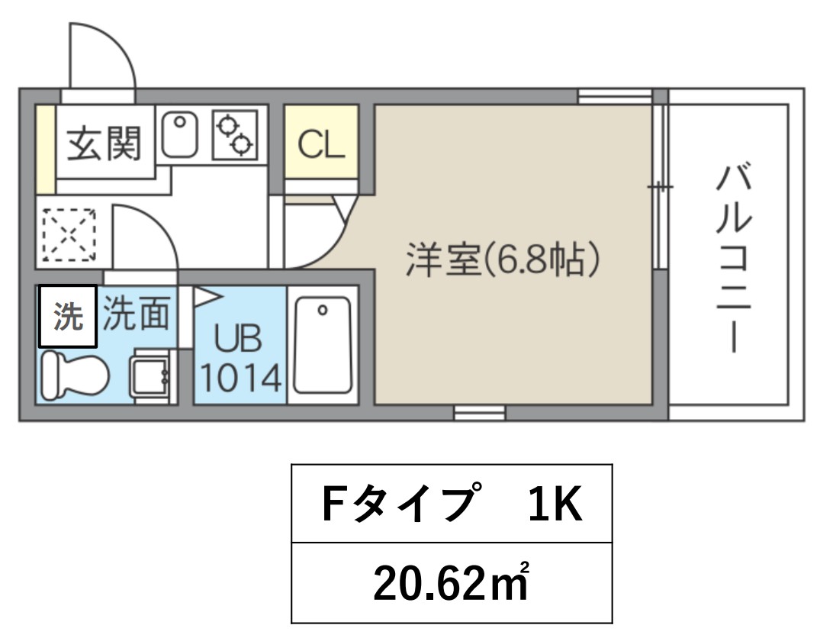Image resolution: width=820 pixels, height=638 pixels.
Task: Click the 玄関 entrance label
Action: [104, 143]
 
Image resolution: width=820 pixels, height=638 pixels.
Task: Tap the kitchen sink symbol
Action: [179, 134]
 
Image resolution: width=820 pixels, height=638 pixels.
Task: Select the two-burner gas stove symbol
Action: [235, 134]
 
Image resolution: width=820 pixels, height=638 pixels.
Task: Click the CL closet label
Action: [321, 144]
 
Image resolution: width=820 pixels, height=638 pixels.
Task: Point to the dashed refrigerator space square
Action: [69, 235]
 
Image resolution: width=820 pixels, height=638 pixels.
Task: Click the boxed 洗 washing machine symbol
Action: [68, 316]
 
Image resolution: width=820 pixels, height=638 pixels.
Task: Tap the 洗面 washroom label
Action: [136, 313]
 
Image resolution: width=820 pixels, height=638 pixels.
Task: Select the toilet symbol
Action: [75, 375]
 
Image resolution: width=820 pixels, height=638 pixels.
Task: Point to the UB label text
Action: [238, 339]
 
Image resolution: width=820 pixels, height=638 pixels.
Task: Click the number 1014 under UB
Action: [241, 378]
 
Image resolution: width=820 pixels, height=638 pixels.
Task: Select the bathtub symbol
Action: [322, 345]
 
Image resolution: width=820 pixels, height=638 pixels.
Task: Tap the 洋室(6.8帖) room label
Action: [503, 259]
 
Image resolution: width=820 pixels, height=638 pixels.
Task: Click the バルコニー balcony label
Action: [735, 259]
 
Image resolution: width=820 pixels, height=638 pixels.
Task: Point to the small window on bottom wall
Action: [480, 412]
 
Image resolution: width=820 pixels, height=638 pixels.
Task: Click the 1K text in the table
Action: [555, 504]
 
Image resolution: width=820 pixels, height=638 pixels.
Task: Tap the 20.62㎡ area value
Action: [451, 582]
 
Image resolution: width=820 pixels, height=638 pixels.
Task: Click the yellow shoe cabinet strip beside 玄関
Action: [46, 150]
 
